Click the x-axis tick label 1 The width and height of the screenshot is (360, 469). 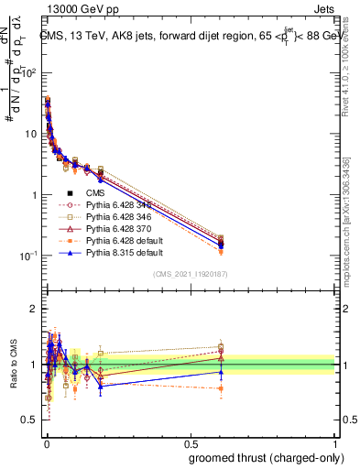(x=337, y=442)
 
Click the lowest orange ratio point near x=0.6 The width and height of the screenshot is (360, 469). (x=221, y=388)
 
